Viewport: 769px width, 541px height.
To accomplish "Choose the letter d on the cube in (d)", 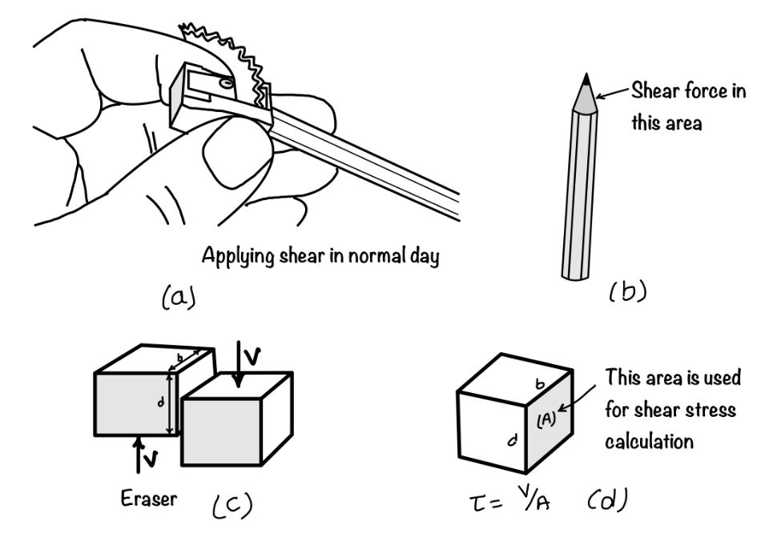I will [x=510, y=438].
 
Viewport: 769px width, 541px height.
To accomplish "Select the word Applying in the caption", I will [x=233, y=257].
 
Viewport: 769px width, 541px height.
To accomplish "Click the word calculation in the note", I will [x=650, y=441].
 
